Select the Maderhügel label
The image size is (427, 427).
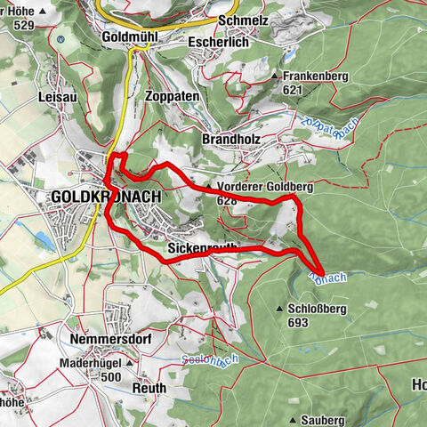(91, 363)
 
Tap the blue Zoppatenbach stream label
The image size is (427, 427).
(319, 133)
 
